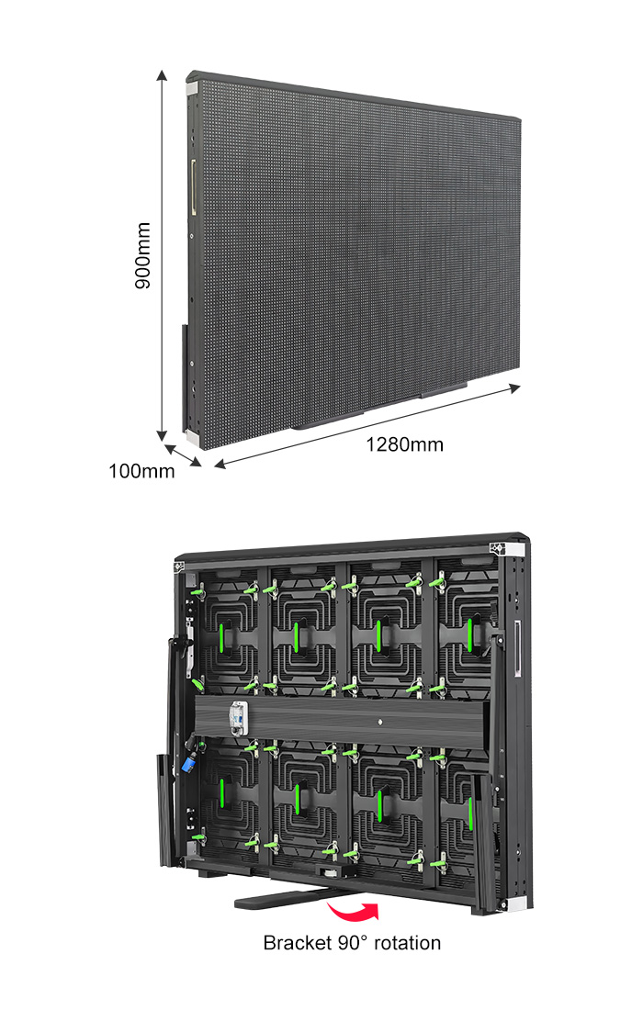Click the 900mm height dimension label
click(x=143, y=256)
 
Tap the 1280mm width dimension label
click(x=404, y=444)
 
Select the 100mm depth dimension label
click(x=141, y=471)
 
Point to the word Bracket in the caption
click(x=298, y=943)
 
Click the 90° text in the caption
click(x=353, y=943)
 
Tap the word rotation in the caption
click(x=407, y=943)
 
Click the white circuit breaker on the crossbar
click(x=239, y=718)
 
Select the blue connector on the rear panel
click(x=190, y=763)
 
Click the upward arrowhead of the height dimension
click(x=162, y=75)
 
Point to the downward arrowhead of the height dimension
click(x=162, y=435)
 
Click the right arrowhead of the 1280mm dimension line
click(x=514, y=387)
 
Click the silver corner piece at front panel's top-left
click(x=193, y=89)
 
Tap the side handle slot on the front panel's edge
click(x=193, y=186)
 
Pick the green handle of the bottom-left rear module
click(x=221, y=793)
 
